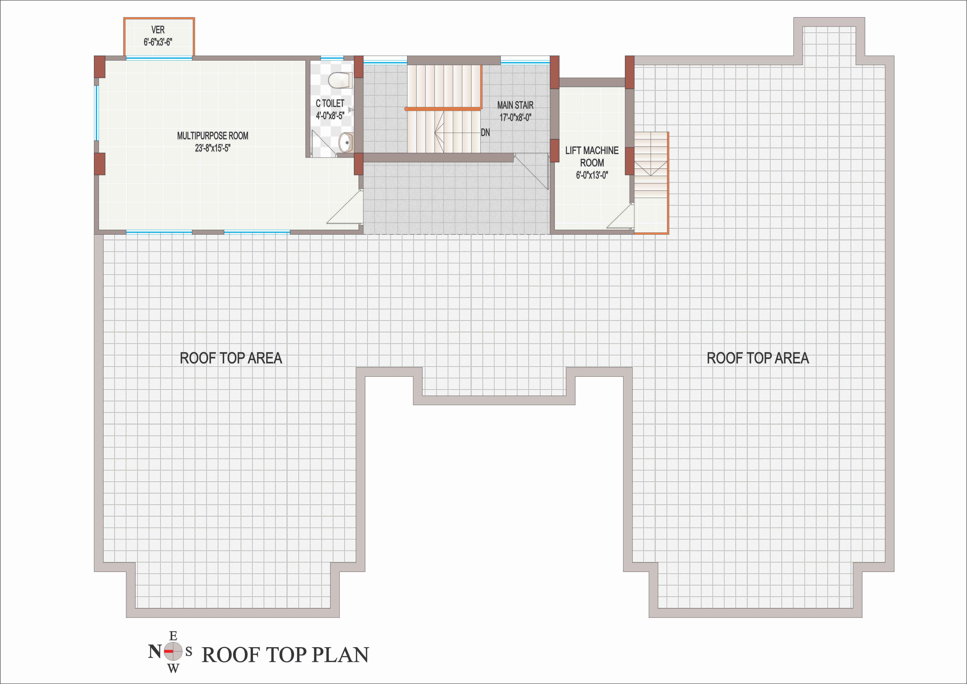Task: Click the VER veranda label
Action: point(158,30)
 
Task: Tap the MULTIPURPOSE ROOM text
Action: point(213,136)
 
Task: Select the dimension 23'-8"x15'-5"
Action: point(213,148)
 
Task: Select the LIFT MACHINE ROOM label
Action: point(592,156)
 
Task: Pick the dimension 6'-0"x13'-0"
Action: point(592,175)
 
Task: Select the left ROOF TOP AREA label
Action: point(231,358)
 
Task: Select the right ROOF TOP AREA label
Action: point(758,358)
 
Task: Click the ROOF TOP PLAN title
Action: point(285,655)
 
